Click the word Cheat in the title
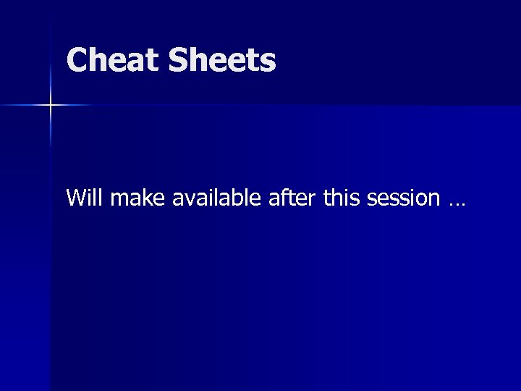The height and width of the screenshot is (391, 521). [114, 60]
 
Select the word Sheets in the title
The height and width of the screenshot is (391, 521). [222, 60]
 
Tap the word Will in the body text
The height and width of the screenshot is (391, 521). [82, 197]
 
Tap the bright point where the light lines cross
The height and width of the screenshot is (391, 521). [51, 106]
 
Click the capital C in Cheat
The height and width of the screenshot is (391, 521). [77, 60]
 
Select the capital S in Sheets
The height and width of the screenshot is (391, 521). [178, 60]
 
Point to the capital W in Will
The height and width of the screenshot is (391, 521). [75, 197]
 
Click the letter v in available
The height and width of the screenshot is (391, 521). [187, 198]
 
